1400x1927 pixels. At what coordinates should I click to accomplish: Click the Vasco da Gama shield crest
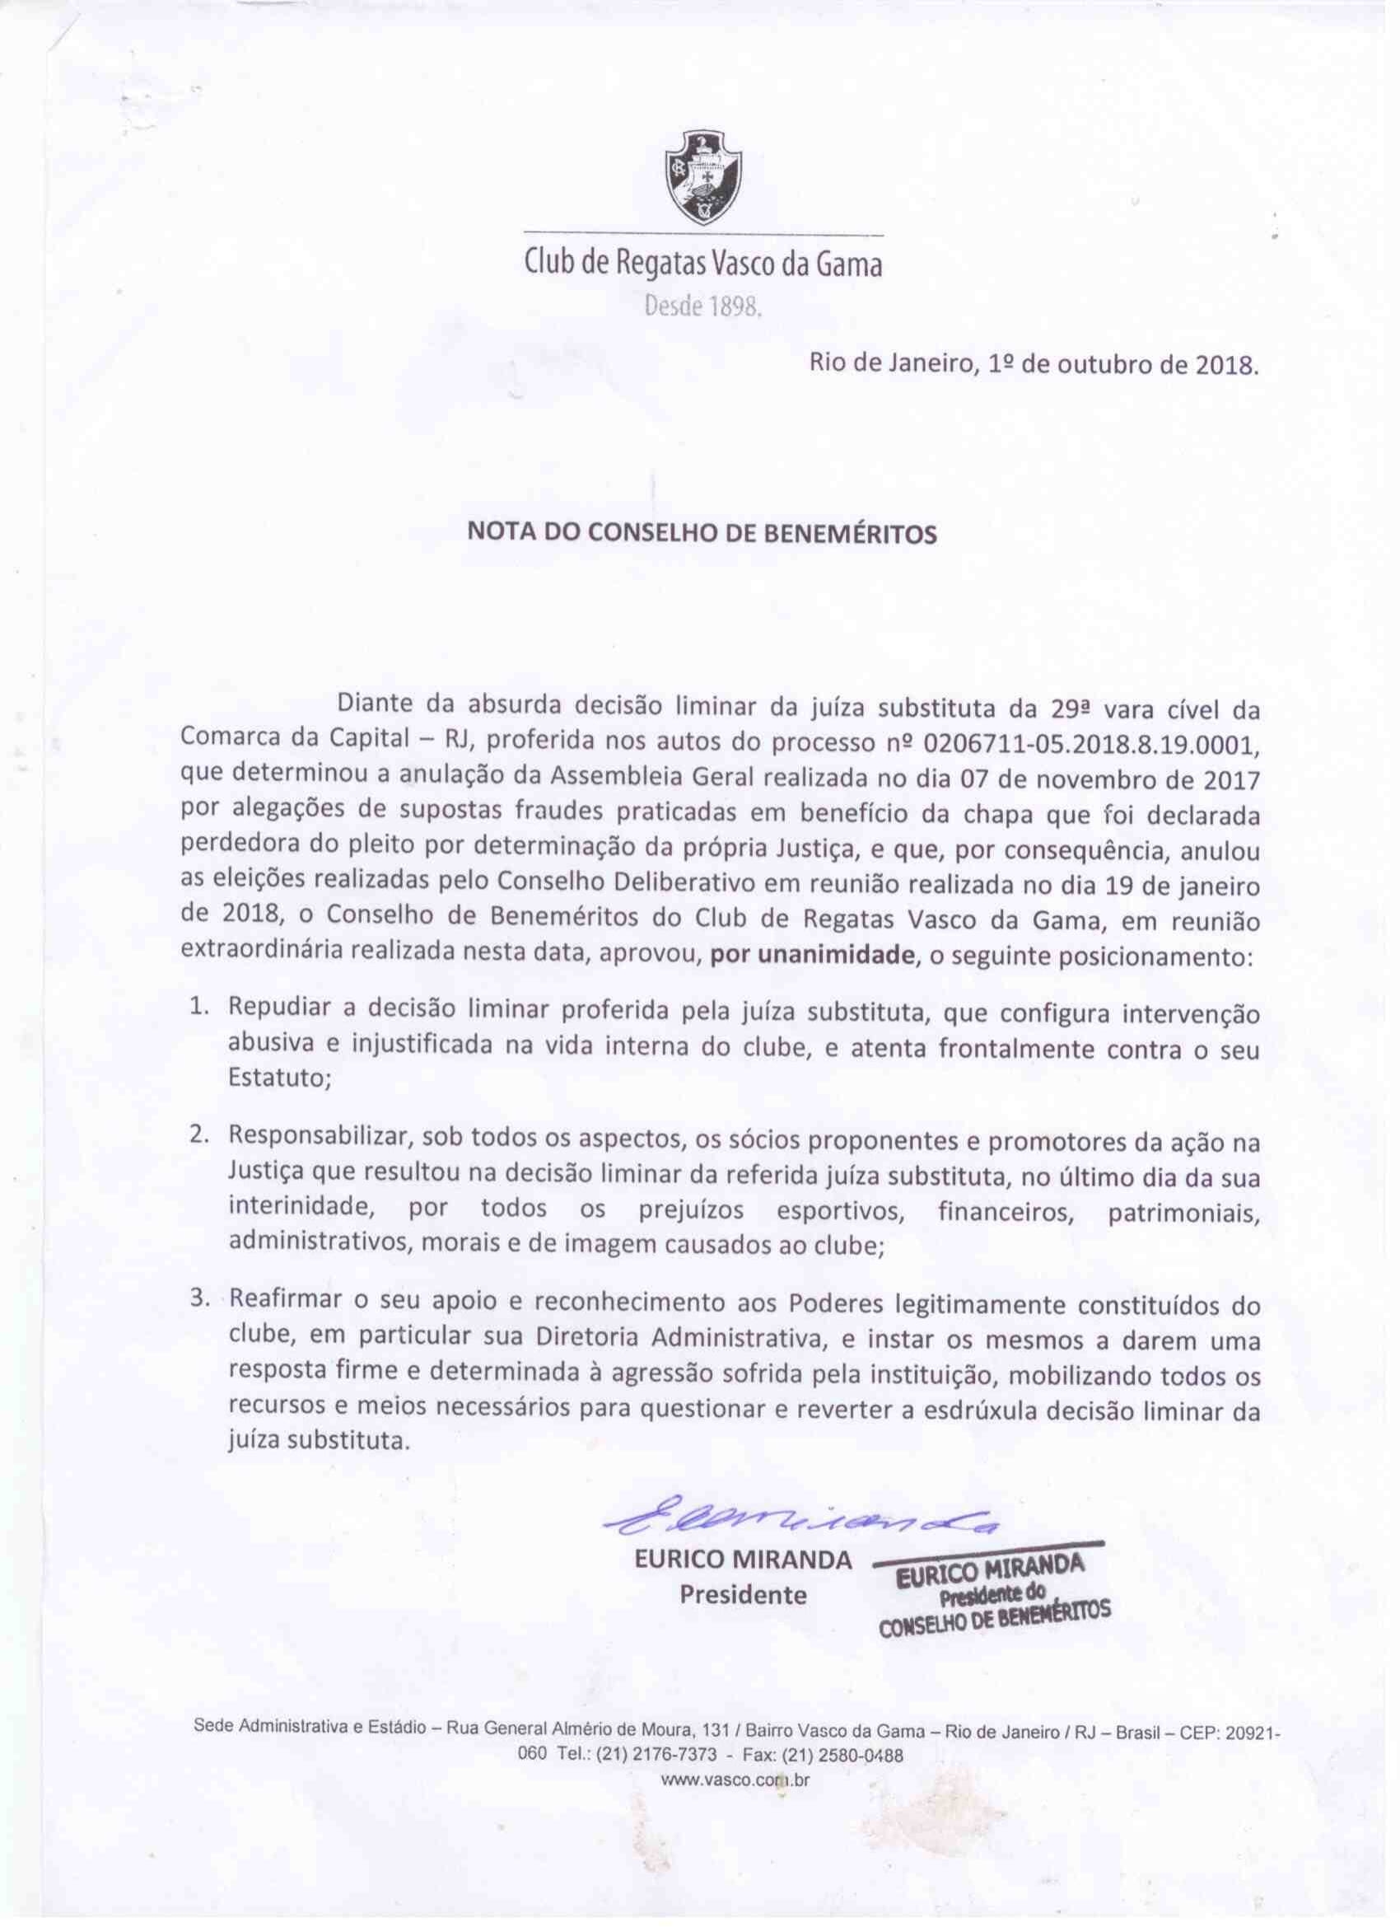tap(702, 175)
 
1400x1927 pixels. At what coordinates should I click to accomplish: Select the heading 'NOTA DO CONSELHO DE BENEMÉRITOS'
tap(702, 534)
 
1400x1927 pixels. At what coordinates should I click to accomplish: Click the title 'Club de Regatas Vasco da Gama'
tap(702, 265)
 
